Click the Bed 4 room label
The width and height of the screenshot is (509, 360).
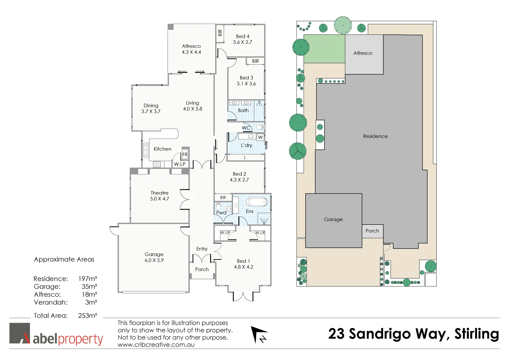(243, 37)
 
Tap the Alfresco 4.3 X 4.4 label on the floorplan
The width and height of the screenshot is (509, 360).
(191, 49)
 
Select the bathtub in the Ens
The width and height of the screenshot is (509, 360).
(257, 202)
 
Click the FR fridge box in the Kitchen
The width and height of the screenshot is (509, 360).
(185, 154)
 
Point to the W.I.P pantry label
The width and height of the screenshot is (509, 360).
(180, 164)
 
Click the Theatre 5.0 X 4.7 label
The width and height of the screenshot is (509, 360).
(160, 196)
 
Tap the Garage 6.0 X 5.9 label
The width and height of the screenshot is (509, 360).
(154, 257)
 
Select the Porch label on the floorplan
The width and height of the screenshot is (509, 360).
(202, 269)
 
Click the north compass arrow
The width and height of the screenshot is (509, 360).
(259, 334)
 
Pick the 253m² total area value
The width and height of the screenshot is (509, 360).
(88, 315)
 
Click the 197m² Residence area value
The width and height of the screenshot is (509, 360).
(88, 279)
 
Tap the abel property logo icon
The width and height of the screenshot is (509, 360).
(20, 333)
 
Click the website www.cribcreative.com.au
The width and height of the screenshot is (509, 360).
(156, 345)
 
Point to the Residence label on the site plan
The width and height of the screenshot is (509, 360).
(375, 136)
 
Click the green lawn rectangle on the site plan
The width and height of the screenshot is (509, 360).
(324, 49)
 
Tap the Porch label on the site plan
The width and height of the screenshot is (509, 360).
(372, 231)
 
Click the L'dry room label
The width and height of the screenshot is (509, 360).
(246, 145)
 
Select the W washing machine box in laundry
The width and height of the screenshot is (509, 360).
(260, 137)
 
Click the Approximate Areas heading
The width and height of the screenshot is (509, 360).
(64, 259)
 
